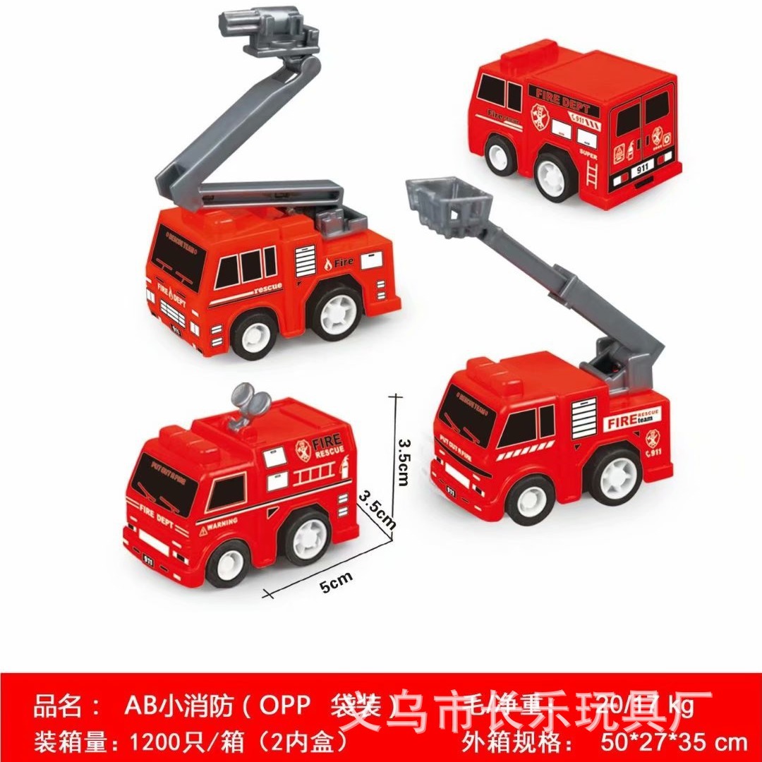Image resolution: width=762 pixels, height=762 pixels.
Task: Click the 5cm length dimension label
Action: (336, 581)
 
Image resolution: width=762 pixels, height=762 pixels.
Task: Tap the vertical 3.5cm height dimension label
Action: (403, 461)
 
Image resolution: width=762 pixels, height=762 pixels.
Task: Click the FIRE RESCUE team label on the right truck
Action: (632, 421)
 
